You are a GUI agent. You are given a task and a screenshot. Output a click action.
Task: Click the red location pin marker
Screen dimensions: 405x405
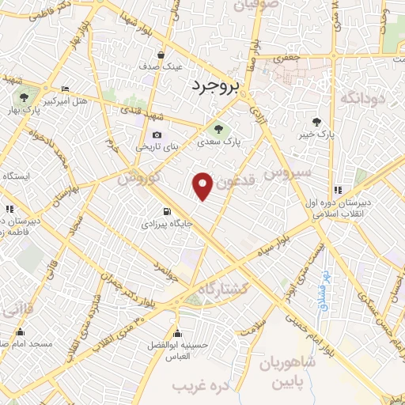pyautogui.click(x=204, y=185)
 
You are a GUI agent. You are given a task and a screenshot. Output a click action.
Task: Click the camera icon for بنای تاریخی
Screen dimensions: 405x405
pyautogui.click(x=157, y=135)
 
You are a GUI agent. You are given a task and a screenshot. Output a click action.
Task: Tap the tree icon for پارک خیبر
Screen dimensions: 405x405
pyautogui.click(x=317, y=122)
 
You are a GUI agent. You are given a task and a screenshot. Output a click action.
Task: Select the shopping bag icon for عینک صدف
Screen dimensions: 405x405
pyautogui.click(x=161, y=55)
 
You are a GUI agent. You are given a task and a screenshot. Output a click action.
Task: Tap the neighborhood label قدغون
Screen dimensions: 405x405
pyautogui.click(x=237, y=183)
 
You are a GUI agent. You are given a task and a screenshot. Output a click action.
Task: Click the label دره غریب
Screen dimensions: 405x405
pyautogui.click(x=200, y=385)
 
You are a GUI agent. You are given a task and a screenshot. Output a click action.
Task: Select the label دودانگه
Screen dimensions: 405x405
pyautogui.click(x=362, y=97)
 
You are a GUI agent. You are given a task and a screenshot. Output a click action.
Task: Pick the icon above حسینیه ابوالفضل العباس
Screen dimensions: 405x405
pyautogui.click(x=176, y=332)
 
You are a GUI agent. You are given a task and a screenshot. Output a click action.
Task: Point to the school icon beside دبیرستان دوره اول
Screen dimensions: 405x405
pyautogui.click(x=338, y=190)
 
